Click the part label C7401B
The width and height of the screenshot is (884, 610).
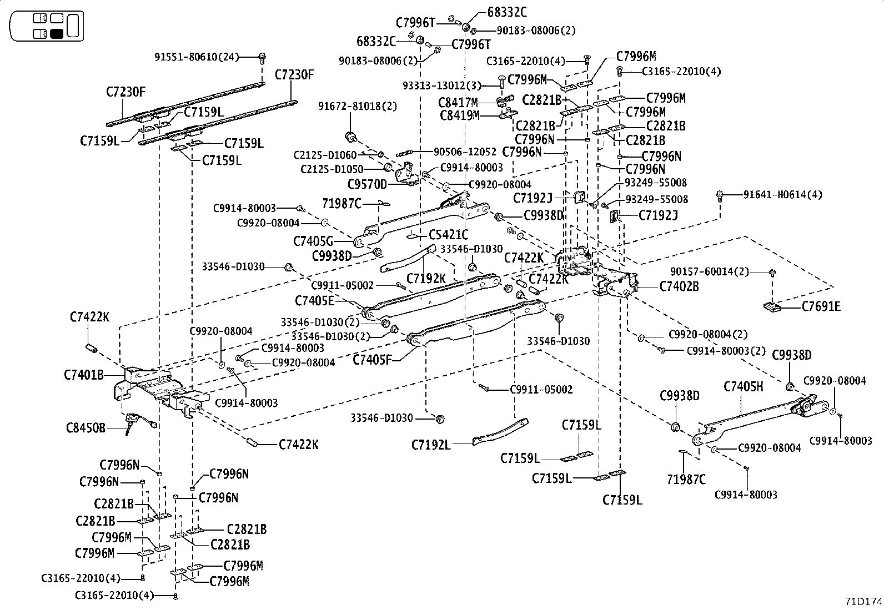pos(84,375)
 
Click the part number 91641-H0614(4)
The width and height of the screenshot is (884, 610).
pos(783,195)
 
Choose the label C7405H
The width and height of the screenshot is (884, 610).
pos(744,386)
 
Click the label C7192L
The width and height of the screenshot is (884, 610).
pos(431,445)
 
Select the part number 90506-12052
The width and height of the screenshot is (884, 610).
pos(465,152)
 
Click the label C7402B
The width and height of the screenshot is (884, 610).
pos(679,286)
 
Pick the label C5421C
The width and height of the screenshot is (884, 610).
pos(448,235)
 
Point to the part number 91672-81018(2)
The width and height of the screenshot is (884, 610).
pos(358,106)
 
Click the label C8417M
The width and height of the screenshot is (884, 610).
pos(458,103)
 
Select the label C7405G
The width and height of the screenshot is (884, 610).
pos(313,241)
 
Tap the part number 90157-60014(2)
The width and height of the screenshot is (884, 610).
pos(710,271)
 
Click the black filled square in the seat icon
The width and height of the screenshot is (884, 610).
pos(56,33)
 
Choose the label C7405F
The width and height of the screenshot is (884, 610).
pos(373,360)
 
